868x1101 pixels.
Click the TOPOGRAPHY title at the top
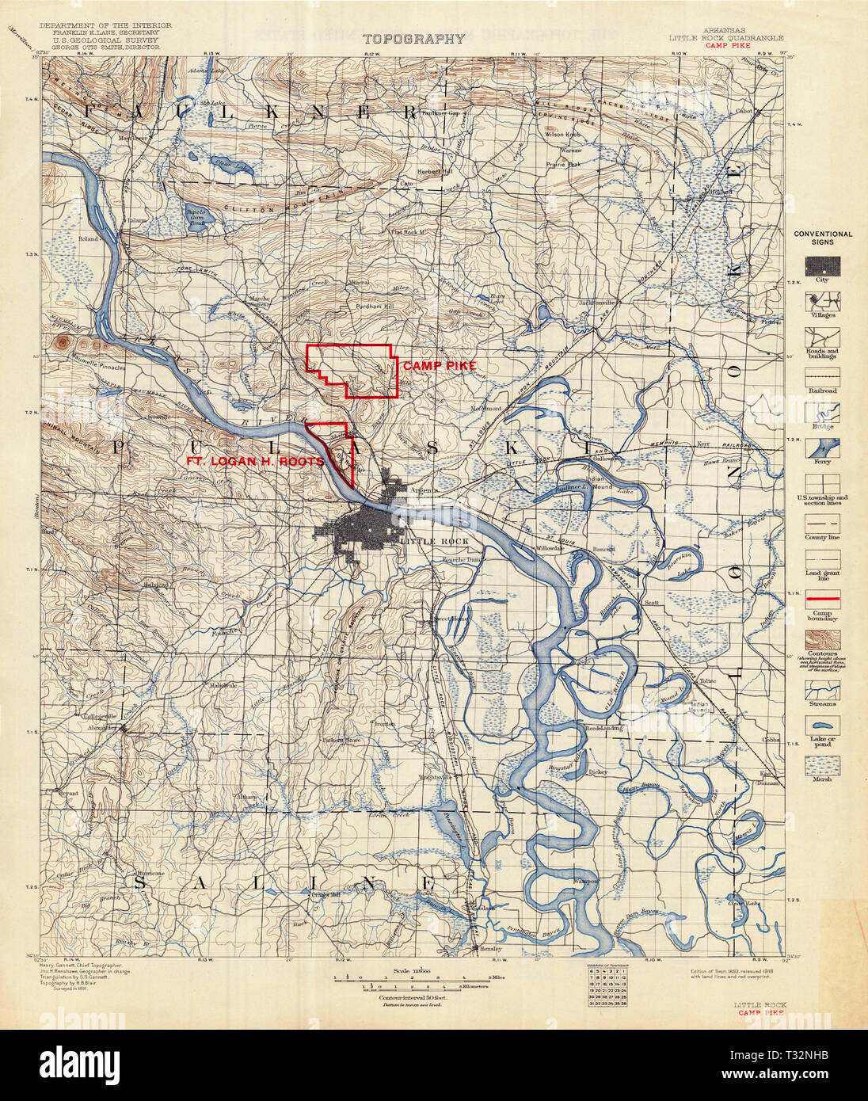[x=413, y=39]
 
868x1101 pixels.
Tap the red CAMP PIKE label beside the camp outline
[x=439, y=366]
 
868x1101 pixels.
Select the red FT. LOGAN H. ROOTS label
[x=253, y=462]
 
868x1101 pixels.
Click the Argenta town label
[x=424, y=490]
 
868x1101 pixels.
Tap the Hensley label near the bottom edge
[x=488, y=948]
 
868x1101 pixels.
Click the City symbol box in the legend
[x=822, y=265]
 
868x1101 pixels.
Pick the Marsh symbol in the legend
[x=822, y=764]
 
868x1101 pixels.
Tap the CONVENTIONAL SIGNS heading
[x=823, y=238]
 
